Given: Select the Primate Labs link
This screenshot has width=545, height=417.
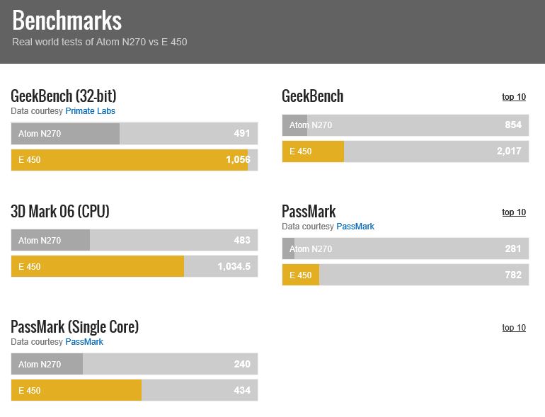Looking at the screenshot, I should tap(90, 111).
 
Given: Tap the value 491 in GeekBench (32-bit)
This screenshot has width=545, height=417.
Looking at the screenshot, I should tap(242, 133).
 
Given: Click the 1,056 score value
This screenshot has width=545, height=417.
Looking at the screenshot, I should tap(238, 159).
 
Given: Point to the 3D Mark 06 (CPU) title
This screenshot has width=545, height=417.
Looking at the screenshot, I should tap(60, 211).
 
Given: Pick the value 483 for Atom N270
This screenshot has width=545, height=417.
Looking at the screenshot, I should tap(242, 240).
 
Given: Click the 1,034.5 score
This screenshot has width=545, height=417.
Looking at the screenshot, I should tap(234, 266).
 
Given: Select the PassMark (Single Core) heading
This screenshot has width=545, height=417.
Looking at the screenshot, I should tap(74, 326).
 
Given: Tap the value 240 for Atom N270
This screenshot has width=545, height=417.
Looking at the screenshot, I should tap(242, 364).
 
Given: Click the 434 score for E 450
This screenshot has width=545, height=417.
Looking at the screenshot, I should tap(242, 390).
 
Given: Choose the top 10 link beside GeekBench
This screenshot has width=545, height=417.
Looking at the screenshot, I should tap(514, 97).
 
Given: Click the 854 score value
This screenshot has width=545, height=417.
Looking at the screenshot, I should tap(513, 125).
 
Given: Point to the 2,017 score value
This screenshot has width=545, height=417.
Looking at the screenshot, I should tap(509, 151).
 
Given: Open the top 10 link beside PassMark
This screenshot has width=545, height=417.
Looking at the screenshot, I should tap(514, 212).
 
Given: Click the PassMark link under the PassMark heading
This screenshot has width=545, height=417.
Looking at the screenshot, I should tap(355, 227).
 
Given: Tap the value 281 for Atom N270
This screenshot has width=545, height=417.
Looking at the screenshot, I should tap(513, 249).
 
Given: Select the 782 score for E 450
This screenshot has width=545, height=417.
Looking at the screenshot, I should tap(513, 275).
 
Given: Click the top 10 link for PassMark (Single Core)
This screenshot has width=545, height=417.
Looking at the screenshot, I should tap(514, 328).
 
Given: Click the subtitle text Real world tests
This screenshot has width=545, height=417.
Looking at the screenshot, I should tap(99, 42).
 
